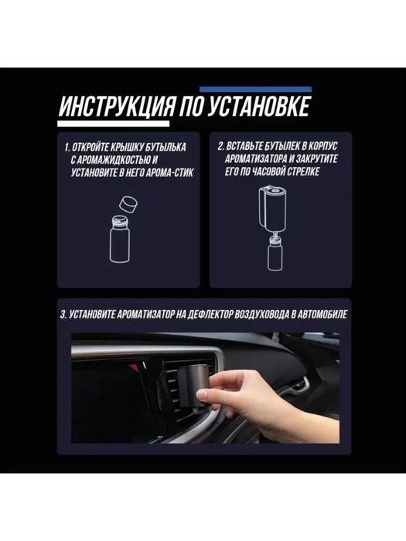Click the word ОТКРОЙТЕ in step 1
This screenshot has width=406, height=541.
point(100,146)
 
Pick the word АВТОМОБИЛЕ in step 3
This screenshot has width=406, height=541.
point(317,316)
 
